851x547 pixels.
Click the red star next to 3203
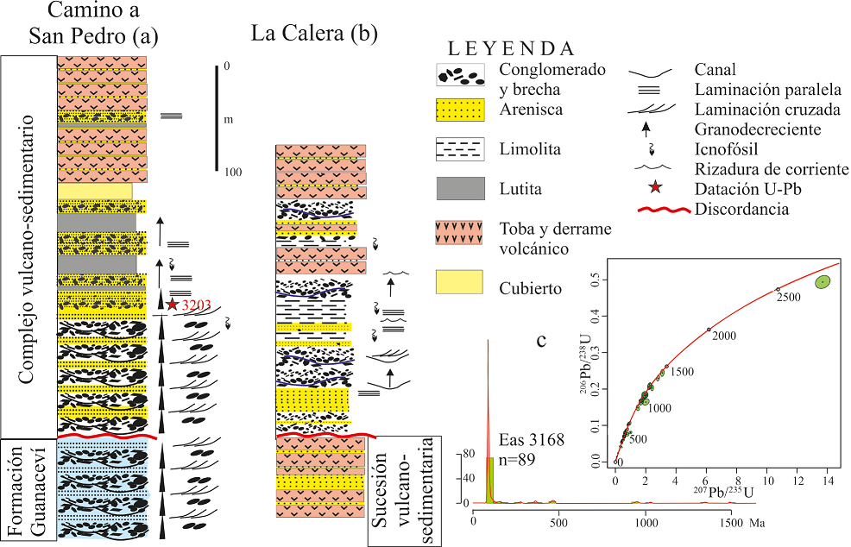tap(173, 303)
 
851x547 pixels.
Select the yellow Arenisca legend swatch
tap(464, 110)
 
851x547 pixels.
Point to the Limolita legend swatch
tap(464, 149)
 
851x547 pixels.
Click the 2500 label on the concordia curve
tap(788, 297)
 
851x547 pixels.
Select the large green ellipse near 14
tap(823, 281)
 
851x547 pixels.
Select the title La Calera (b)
tap(314, 34)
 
